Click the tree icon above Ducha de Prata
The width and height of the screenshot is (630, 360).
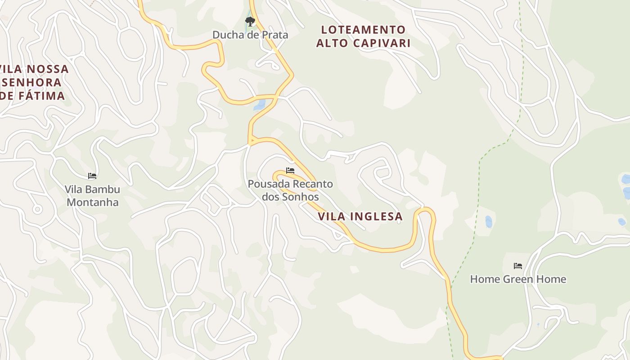pyautogui.click(x=250, y=21)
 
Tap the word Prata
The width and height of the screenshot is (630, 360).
pyautogui.click(x=274, y=35)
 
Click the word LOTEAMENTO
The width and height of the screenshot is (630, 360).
pyautogui.click(x=364, y=30)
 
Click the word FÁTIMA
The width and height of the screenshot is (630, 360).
pyautogui.click(x=41, y=95)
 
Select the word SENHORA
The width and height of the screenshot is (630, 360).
pyautogui.click(x=32, y=82)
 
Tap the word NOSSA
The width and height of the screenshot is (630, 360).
pyautogui.click(x=48, y=69)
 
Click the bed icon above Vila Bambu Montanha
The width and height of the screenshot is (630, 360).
pyautogui.click(x=92, y=176)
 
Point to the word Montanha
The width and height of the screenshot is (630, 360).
pyautogui.click(x=93, y=202)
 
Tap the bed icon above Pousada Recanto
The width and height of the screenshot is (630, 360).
pyautogui.click(x=290, y=171)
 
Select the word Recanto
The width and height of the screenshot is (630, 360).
pyautogui.click(x=313, y=184)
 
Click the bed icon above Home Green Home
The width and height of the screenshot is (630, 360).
pyautogui.click(x=518, y=266)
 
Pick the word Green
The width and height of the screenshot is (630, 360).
pyautogui.click(x=518, y=279)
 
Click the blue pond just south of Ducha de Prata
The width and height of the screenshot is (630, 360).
pyautogui.click(x=259, y=105)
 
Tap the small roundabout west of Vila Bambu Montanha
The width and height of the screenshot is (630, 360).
pyautogui.click(x=37, y=209)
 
